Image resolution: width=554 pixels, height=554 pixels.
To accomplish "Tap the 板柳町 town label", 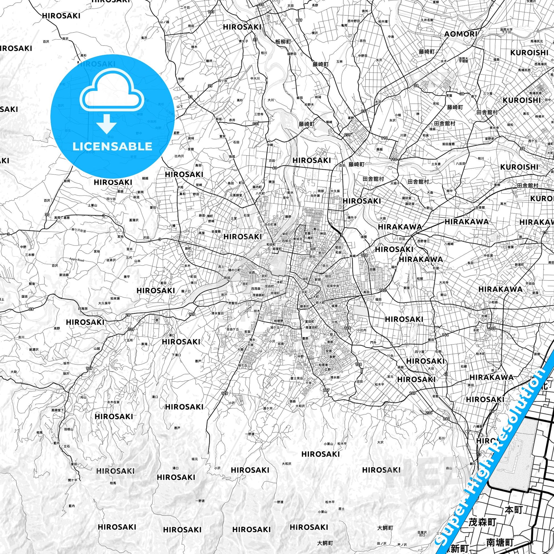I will [x=283, y=42].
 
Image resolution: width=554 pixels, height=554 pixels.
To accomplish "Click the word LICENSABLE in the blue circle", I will [x=112, y=147].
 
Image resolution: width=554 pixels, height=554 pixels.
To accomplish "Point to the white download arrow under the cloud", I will [x=107, y=123].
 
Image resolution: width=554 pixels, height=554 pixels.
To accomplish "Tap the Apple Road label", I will [x=77, y=260].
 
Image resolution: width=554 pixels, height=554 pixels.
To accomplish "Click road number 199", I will [x=299, y=20].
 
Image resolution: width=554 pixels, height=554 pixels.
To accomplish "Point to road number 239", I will [x=347, y=135].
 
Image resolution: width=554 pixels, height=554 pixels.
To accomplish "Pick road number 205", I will [x=492, y=328].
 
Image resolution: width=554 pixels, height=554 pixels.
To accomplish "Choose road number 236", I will [x=429, y=413].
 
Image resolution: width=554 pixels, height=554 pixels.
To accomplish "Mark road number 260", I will [x=446, y=419].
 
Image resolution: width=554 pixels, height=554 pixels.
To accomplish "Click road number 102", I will [x=383, y=290].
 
